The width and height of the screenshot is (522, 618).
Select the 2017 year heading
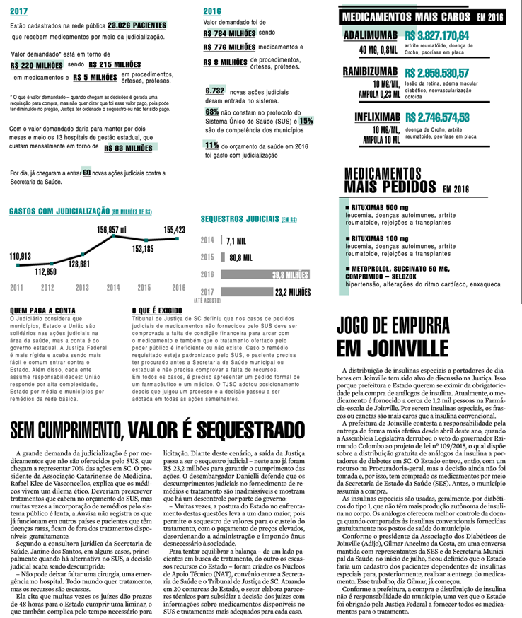click(x=19, y=11)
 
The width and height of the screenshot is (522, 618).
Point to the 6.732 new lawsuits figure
click(x=215, y=91)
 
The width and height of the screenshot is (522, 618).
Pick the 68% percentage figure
click(x=211, y=112)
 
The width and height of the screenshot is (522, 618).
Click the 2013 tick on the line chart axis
click(x=81, y=287)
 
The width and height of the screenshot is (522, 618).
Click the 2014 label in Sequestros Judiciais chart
click(x=208, y=240)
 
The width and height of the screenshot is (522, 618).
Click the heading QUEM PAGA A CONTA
click(x=36, y=310)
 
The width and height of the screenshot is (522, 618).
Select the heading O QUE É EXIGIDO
click(x=158, y=310)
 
